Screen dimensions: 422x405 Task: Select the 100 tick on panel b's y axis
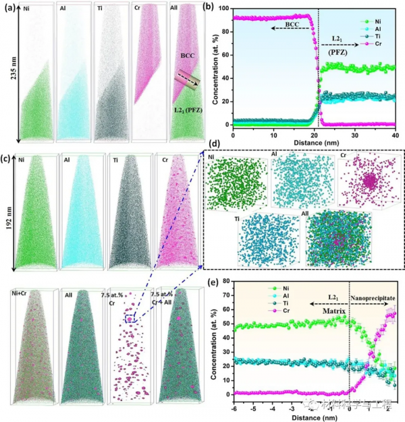[x=225, y=10]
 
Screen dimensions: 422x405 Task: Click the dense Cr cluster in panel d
[x=369, y=180]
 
